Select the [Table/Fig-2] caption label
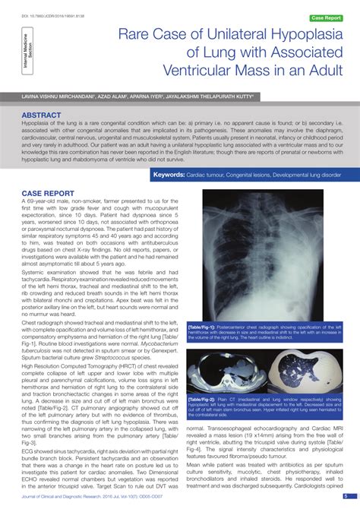point(202,398)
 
